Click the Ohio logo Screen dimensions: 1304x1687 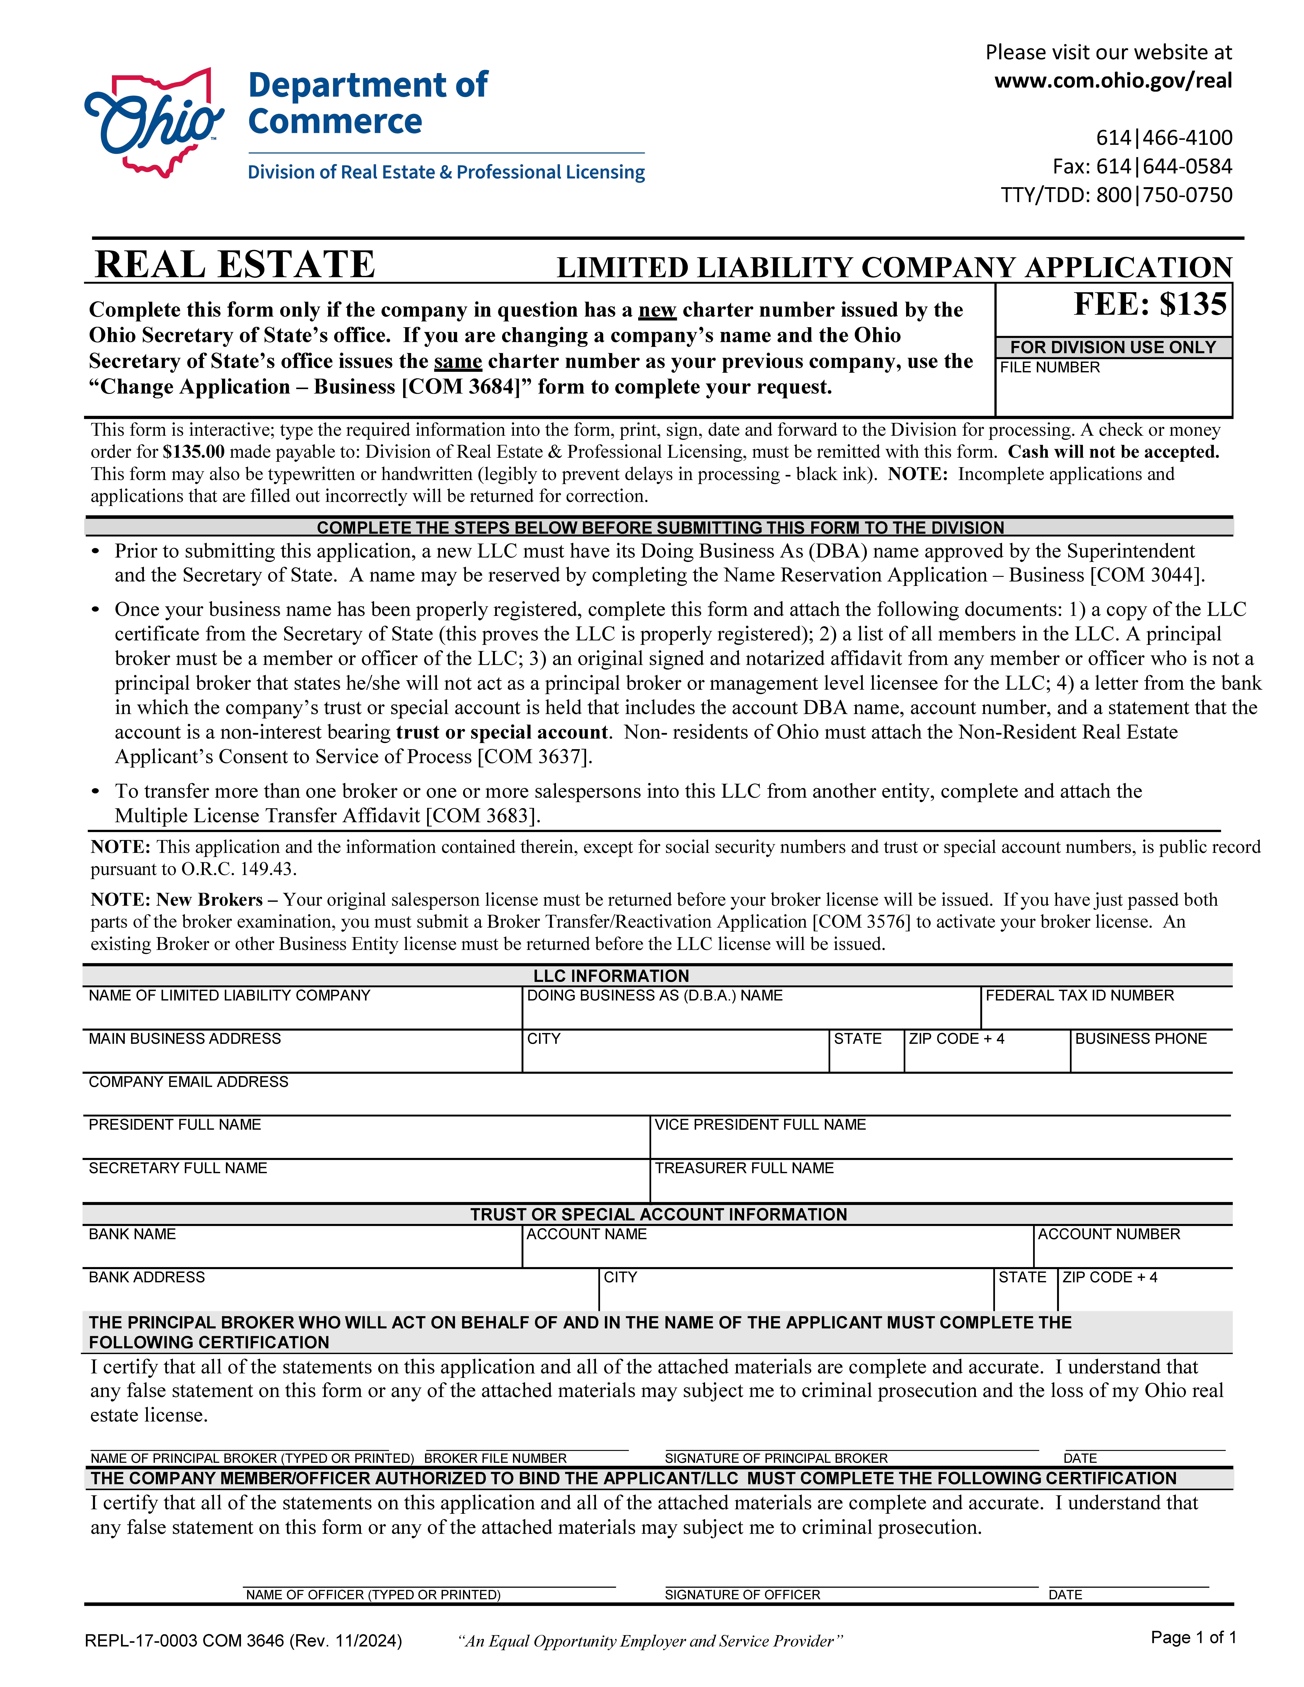[x=155, y=122]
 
